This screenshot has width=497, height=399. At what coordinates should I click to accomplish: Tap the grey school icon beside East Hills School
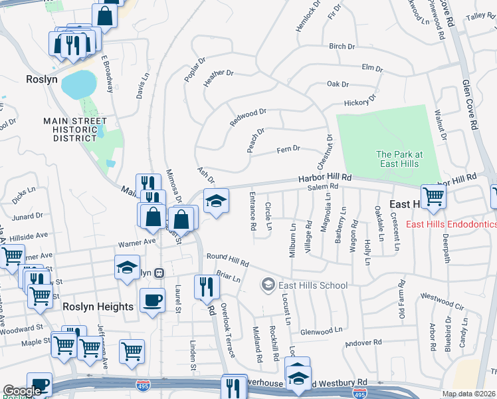pos(268,285)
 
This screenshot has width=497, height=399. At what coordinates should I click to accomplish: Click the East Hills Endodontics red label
pos(451,224)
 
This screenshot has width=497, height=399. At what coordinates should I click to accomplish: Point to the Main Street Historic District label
pos(75,130)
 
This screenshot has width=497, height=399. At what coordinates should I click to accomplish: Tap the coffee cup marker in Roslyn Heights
pos(152,301)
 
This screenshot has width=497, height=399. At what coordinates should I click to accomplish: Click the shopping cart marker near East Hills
pos(433,197)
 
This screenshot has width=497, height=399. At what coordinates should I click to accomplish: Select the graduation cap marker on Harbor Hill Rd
pos(216,201)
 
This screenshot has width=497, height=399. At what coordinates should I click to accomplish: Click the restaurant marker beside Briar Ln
pos(207,286)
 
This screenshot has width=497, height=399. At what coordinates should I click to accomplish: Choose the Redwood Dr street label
pos(248,118)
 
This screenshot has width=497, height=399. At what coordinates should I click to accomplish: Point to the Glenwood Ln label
pos(321,330)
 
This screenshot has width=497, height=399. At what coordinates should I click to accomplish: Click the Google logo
pos(22,391)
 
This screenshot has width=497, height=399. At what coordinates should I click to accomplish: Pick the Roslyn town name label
pos(42,79)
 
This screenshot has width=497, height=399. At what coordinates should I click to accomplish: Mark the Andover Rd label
pos(363,343)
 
